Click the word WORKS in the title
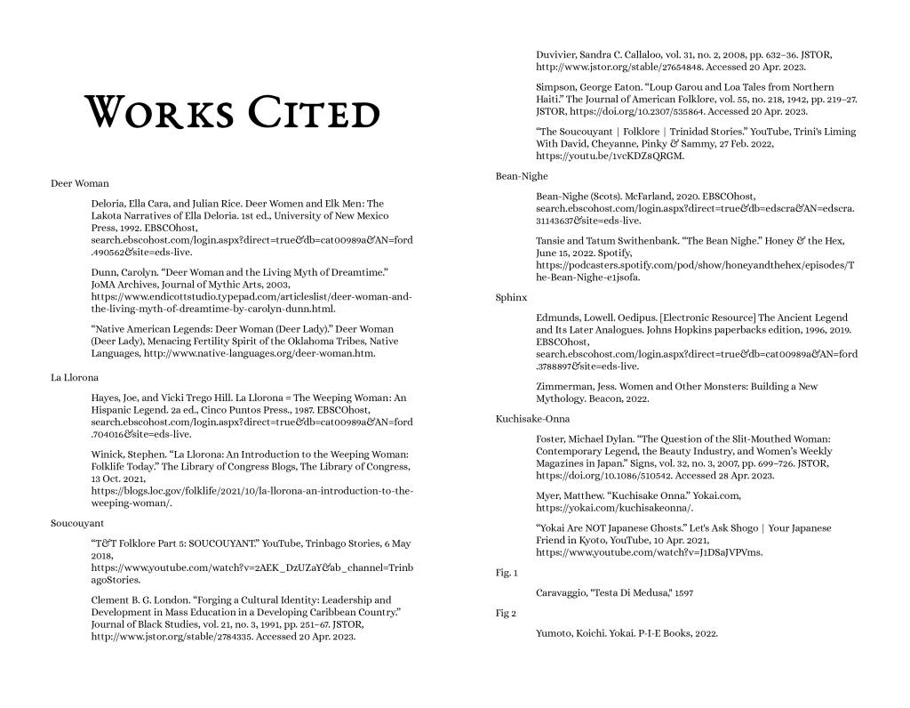pos(157,114)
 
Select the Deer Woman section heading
pos(80,183)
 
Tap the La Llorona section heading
pos(75,377)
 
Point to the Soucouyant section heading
pos(77,523)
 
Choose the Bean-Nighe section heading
pos(522,176)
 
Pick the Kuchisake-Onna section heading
pos(533,418)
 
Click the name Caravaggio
pos(564,592)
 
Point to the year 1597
pos(682,592)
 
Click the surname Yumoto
pos(556,633)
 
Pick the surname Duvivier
pos(559,55)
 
